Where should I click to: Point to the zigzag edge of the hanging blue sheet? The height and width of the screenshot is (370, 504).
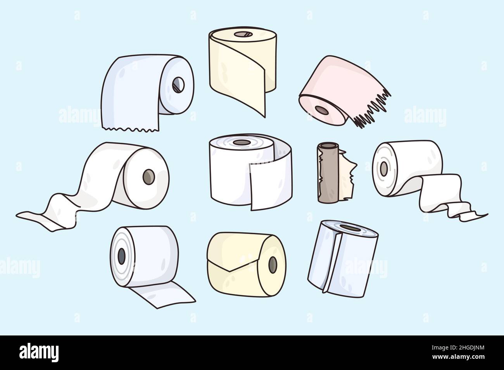(x=131, y=127)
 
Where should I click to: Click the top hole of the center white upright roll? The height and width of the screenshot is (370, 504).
(x=243, y=143)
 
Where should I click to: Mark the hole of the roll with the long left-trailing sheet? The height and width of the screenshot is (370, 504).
(x=148, y=177)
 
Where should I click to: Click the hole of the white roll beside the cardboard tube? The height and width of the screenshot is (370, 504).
(x=383, y=168)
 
